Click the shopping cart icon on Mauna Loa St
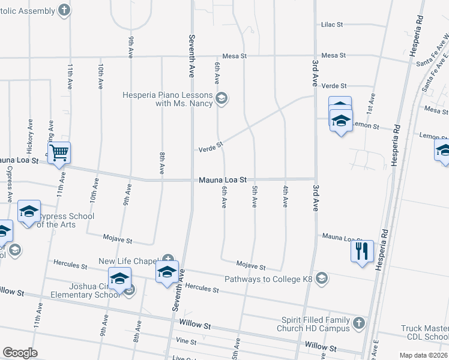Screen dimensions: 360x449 59,152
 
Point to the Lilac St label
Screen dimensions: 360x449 331,25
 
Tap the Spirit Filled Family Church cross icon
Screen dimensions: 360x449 358,323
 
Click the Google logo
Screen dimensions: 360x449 20,352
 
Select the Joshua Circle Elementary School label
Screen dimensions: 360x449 85,291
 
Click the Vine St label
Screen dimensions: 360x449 186,341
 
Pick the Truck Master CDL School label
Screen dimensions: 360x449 425,332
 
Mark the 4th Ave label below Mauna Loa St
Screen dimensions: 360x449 285,196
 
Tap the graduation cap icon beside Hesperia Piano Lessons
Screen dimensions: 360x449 221,98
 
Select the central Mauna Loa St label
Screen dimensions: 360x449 223,179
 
